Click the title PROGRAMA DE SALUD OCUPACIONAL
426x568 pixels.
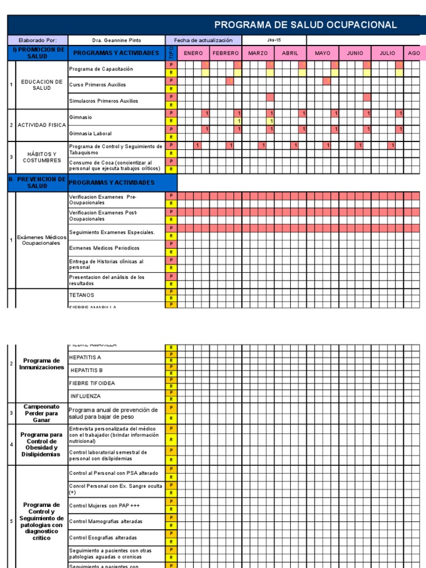pyautogui.click(x=305, y=24)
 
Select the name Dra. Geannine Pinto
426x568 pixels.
pyautogui.click(x=116, y=40)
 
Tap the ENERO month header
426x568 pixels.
pyautogui.click(x=193, y=53)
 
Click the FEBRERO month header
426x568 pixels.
pyautogui.click(x=225, y=53)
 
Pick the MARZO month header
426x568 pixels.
pyautogui.click(x=258, y=53)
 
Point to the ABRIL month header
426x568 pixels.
pyautogui.click(x=290, y=53)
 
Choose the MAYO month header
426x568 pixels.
pyautogui.click(x=322, y=53)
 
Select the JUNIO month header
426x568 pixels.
pyautogui.click(x=355, y=53)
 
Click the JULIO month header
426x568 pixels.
pyautogui.click(x=387, y=53)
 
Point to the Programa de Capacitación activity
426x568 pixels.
pyautogui.click(x=101, y=69)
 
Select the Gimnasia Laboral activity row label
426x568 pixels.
pyautogui.click(x=90, y=134)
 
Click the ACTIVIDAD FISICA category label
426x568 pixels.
pyautogui.click(x=42, y=125)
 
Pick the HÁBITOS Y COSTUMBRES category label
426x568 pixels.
pyautogui.click(x=42, y=157)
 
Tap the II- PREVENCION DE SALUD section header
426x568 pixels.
pyautogui.click(x=37, y=182)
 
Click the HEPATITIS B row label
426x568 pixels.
pyautogui.click(x=87, y=370)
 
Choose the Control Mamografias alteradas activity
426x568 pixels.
pyautogui.click(x=105, y=521)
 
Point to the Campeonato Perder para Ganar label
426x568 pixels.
pyautogui.click(x=41, y=413)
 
